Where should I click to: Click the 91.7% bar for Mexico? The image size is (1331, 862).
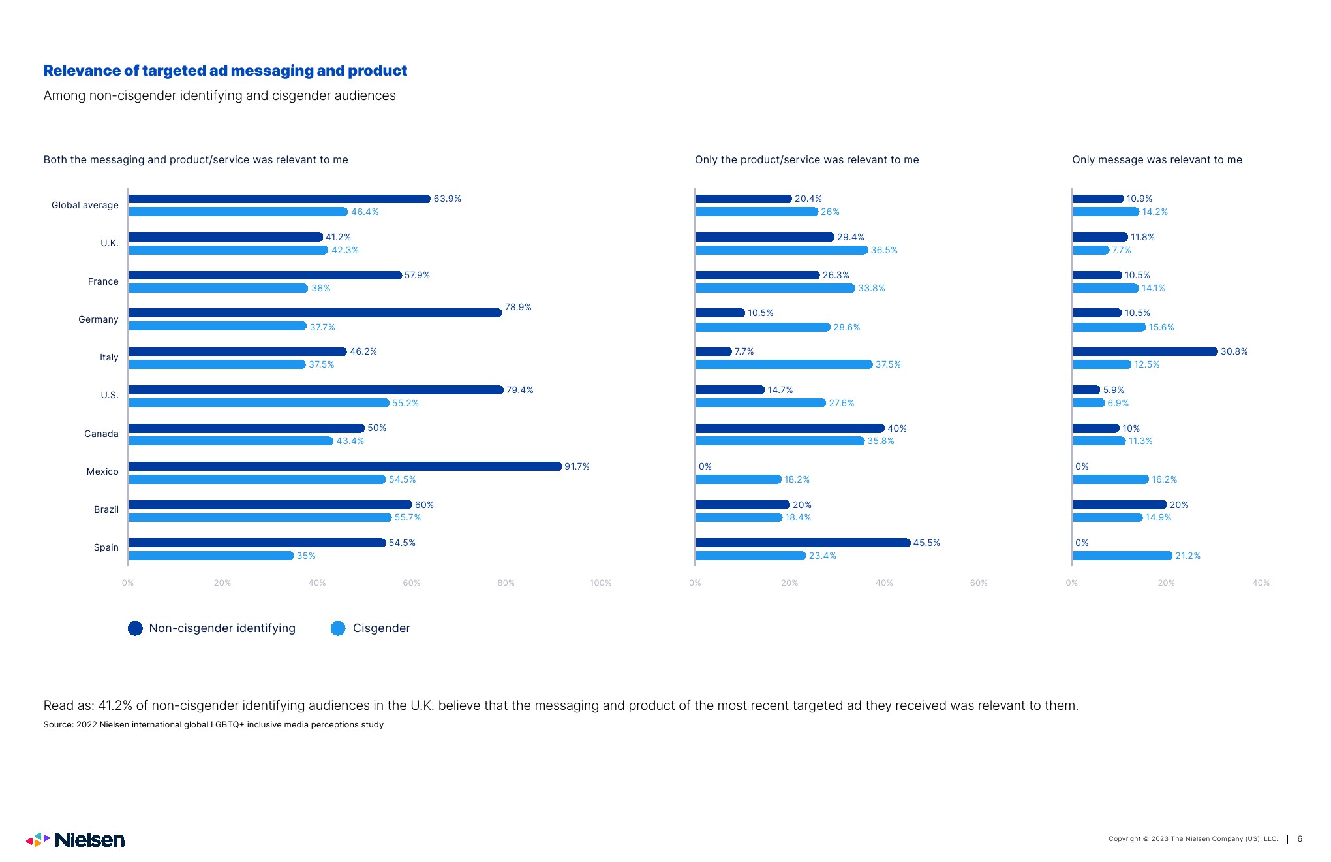344,466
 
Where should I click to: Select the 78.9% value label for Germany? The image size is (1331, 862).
518,307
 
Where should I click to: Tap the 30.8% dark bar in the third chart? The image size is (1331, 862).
1145,351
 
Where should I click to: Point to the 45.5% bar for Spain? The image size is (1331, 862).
803,543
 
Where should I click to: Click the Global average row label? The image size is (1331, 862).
85,205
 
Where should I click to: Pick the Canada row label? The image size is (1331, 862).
101,434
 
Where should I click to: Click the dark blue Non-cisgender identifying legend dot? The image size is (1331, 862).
135,628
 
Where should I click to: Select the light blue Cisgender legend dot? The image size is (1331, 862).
338,628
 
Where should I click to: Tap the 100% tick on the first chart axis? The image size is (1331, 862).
600,583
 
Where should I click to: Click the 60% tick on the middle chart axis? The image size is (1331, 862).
978,583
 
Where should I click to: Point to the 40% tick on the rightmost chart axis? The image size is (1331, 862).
1261,583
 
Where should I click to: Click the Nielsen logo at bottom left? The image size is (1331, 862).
76,840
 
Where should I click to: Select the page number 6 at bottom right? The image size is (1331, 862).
1300,839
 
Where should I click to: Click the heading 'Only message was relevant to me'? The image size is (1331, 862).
1157,160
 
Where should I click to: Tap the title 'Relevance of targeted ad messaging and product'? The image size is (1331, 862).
225,71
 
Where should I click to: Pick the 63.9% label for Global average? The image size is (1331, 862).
447,199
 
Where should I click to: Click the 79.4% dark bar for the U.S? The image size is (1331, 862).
316,390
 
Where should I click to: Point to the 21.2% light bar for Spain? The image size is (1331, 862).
1122,556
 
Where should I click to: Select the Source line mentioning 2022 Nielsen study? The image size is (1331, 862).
213,724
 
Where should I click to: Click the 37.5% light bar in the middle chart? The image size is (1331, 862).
784,364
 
